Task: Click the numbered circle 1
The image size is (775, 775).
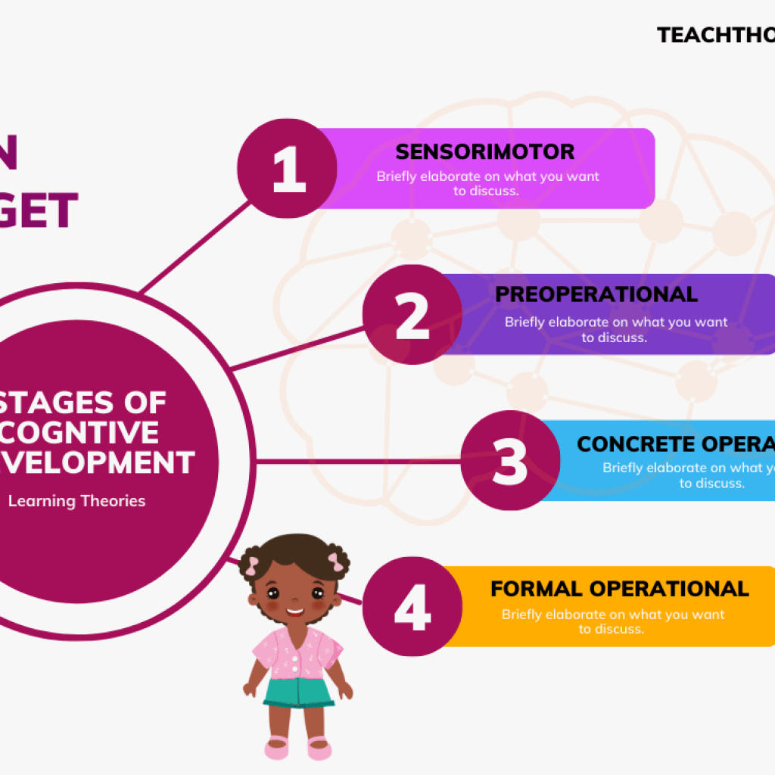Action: coord(287,169)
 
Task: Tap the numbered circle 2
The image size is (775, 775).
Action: coord(412,316)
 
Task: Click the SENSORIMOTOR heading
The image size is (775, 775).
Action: coord(485,151)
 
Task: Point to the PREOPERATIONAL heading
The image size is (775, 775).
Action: coord(596,294)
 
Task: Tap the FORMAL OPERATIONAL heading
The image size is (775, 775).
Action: coord(619,589)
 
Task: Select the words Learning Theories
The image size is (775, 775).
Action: coord(76,501)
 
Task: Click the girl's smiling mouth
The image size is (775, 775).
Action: coord(294,612)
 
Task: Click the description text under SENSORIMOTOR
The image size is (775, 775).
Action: coord(487,184)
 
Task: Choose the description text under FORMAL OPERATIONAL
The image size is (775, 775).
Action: coord(612,621)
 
